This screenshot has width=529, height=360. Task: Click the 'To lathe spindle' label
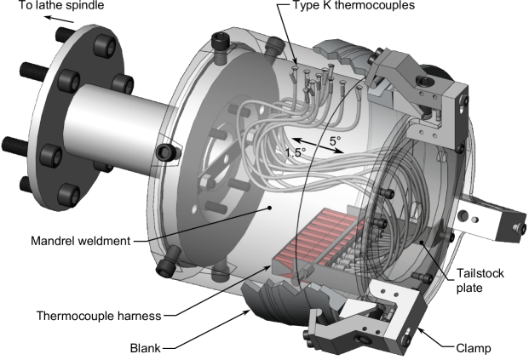point(61,5)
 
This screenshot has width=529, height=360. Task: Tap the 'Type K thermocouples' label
point(354,5)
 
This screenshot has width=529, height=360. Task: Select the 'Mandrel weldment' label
point(80,241)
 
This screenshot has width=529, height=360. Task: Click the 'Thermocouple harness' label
point(99,316)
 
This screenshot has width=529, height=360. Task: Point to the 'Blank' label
point(146,348)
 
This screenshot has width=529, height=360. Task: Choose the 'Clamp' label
point(474,348)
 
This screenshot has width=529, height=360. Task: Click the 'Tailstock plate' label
point(480,281)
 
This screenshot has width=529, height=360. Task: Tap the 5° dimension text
point(335,141)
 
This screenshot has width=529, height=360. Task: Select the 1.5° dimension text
point(296,152)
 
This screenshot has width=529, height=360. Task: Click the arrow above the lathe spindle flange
point(60,19)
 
